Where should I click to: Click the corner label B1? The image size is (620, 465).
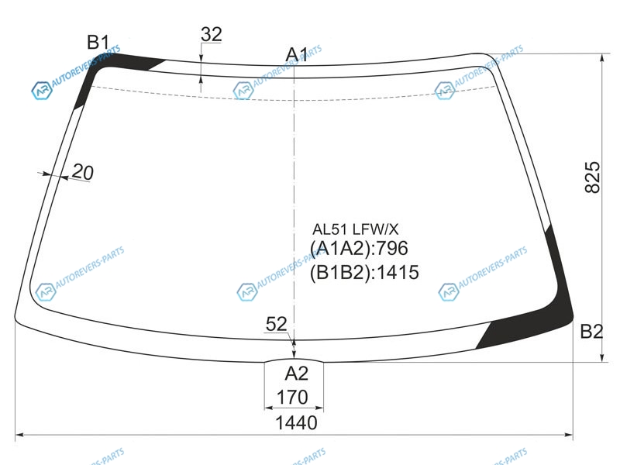coord(98,42)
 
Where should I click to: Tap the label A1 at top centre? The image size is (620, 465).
coord(297,54)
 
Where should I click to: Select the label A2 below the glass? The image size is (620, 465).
coord(296,374)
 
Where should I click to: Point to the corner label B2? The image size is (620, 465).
coord(591,332)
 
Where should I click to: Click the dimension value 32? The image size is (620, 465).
coord(211,34)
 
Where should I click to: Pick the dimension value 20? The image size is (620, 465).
coord(83,172)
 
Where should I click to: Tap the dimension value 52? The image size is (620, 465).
coord(276,324)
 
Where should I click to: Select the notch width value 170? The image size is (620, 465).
coord(292,397)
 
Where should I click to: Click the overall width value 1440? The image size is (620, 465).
coord(296,422)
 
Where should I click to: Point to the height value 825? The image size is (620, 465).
coord(592,177)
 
